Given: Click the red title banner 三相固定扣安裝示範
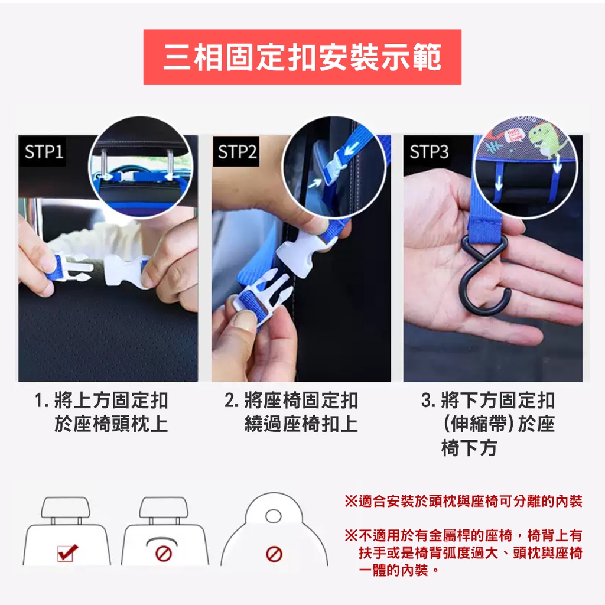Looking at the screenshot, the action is click(x=302, y=57).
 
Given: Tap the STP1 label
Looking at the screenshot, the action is click(x=43, y=151).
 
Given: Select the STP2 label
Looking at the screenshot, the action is click(x=236, y=151).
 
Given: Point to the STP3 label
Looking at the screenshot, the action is click(x=428, y=151).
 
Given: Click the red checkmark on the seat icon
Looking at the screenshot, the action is click(x=67, y=552).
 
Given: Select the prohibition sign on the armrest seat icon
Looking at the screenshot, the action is click(x=163, y=554).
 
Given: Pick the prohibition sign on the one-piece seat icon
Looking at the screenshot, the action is click(x=274, y=554).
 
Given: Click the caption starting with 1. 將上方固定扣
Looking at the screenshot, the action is click(x=102, y=412).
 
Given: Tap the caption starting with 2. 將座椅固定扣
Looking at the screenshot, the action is click(x=291, y=412).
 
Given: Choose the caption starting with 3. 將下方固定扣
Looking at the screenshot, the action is click(x=488, y=424).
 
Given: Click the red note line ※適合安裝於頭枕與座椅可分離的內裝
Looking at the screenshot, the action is click(x=463, y=501).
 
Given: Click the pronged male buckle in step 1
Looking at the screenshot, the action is click(x=71, y=268).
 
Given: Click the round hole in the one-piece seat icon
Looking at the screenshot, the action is click(x=274, y=516).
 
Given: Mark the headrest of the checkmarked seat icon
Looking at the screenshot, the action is click(x=66, y=508).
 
